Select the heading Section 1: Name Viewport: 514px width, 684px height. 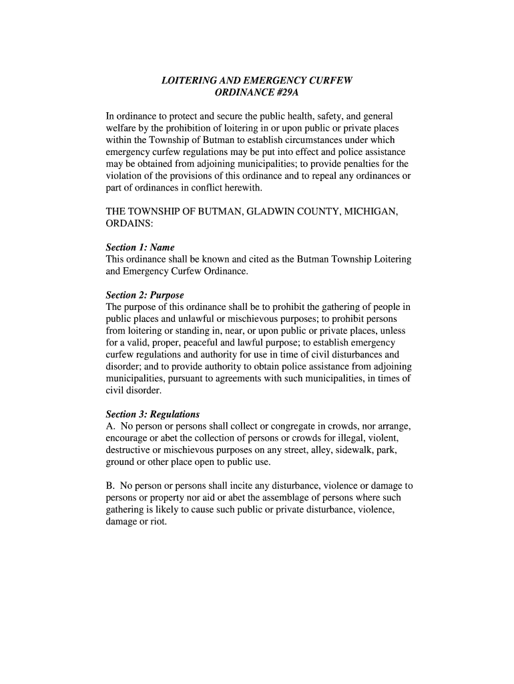(x=140, y=247)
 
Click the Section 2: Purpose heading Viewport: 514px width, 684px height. (x=145, y=295)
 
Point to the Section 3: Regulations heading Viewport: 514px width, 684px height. (x=153, y=414)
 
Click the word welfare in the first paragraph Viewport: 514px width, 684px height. (x=123, y=128)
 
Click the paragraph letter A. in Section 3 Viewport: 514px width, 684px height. (x=111, y=426)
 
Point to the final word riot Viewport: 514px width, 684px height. (x=158, y=522)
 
